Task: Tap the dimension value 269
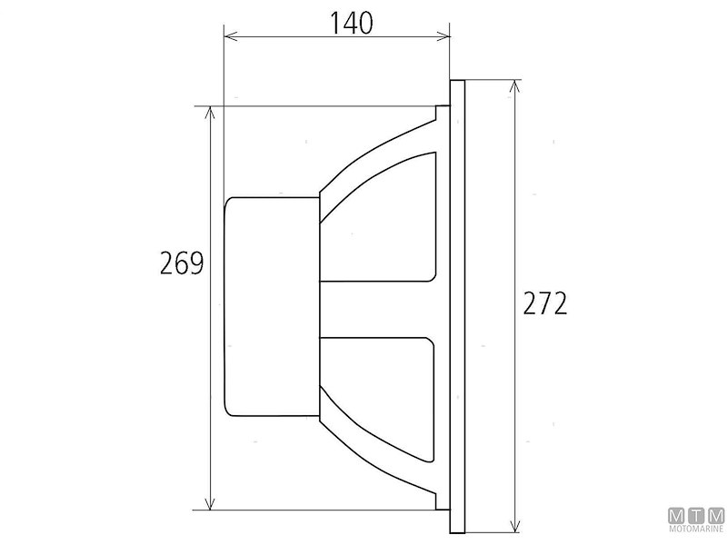click(x=180, y=263)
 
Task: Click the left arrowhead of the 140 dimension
click(x=228, y=37)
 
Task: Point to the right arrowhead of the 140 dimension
click(x=444, y=37)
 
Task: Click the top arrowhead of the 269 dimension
click(x=212, y=111)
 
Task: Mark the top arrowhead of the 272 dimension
click(x=515, y=84)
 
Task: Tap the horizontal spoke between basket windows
click(x=382, y=309)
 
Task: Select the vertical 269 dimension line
click(x=212, y=381)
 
